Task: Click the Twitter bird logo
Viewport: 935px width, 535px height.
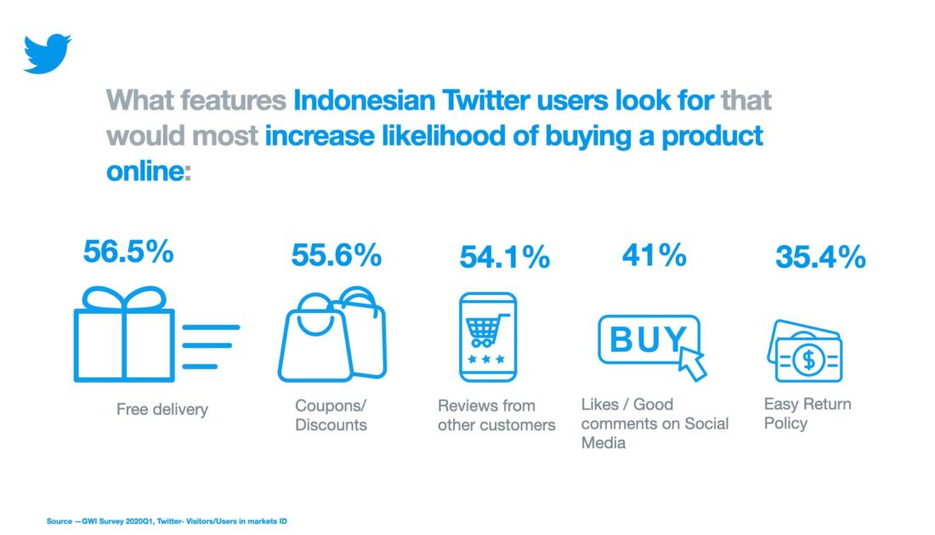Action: pyautogui.click(x=47, y=54)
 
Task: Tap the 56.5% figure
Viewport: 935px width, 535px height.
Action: pyautogui.click(x=128, y=253)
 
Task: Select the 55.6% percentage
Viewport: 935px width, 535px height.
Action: pyautogui.click(x=337, y=255)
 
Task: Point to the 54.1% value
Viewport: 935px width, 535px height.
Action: pyautogui.click(x=505, y=258)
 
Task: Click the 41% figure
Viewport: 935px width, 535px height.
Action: pyautogui.click(x=654, y=254)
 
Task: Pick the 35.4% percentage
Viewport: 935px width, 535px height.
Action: pyautogui.click(x=820, y=257)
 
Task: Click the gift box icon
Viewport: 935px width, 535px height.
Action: pyautogui.click(x=124, y=336)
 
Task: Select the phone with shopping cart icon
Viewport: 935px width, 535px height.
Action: pyautogui.click(x=487, y=337)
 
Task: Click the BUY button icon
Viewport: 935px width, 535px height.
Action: pyautogui.click(x=649, y=340)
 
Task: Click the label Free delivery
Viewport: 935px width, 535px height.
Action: pyautogui.click(x=161, y=410)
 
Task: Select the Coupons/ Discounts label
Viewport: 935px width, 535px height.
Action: pyautogui.click(x=331, y=415)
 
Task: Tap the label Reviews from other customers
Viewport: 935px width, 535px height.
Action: pyautogui.click(x=496, y=415)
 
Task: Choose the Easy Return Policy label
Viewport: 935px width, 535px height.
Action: pyautogui.click(x=807, y=413)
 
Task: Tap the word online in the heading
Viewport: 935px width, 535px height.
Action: pyautogui.click(x=144, y=171)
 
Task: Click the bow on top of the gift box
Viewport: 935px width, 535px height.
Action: pyautogui.click(x=124, y=299)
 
